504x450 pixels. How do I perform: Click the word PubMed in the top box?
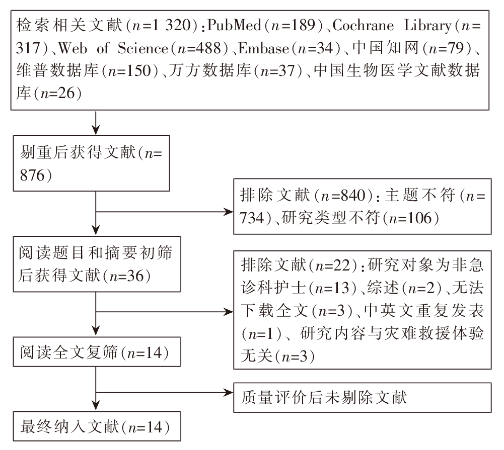click(234, 25)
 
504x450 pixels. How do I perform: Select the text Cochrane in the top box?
click(363, 25)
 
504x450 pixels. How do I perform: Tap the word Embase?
click(263, 48)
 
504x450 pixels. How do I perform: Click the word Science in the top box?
click(142, 48)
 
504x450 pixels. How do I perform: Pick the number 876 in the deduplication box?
click(32, 175)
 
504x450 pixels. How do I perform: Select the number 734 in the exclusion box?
click(252, 218)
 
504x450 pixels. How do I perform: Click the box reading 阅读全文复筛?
click(97, 352)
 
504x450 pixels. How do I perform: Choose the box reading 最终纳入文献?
click(97, 426)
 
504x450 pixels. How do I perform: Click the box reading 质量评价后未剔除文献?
click(362, 397)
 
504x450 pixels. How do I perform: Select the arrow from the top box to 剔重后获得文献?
click(96, 123)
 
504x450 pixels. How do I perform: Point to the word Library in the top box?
click(427, 25)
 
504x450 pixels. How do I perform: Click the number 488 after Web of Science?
click(208, 48)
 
